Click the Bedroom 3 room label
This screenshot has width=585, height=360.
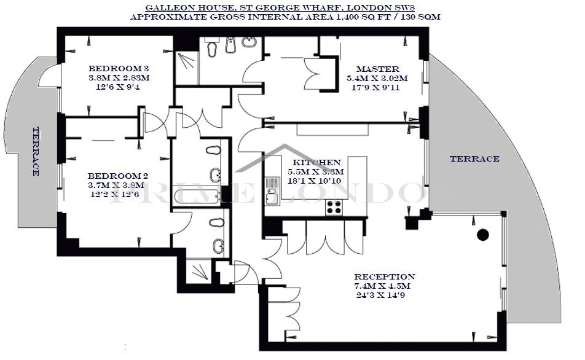118,69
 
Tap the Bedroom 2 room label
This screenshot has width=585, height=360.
118,176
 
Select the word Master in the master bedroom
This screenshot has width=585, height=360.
377,69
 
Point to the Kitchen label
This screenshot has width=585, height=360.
316,163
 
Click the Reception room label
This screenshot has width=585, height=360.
384,277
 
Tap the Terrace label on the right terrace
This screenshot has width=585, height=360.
474,158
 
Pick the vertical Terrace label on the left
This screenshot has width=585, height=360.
36,152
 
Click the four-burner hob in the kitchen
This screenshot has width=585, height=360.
334,207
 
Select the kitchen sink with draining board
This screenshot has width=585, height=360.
272,190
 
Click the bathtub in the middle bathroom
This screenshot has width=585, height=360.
197,196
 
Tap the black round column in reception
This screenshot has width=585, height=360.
483,234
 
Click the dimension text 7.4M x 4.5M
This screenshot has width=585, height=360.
382,286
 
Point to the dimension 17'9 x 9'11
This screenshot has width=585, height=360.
375,88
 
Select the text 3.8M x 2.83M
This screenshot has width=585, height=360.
119,78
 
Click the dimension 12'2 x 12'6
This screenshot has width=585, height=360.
115,194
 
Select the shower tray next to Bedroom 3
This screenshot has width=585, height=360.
187,68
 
